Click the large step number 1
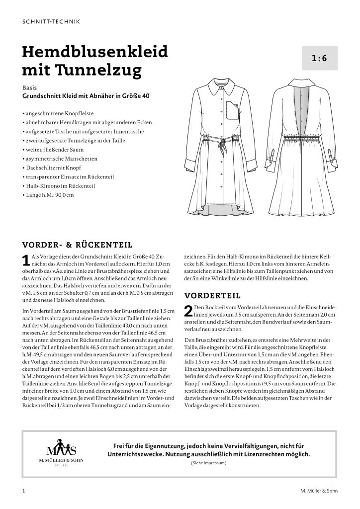tap(26, 260)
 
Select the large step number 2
tap(188, 312)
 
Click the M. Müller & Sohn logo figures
tap(62, 447)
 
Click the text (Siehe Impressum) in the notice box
tap(208, 463)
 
